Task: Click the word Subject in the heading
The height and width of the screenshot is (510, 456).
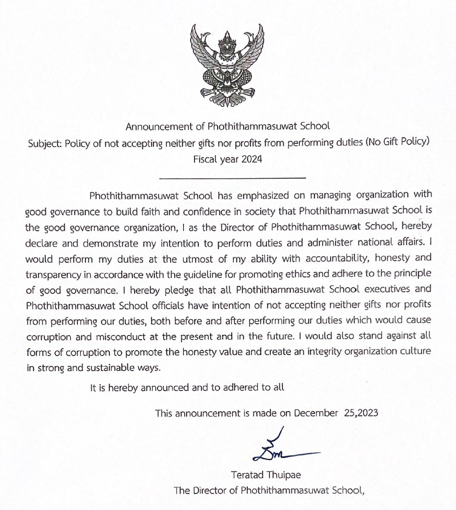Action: click(45, 142)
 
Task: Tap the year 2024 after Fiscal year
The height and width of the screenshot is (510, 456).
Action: click(250, 158)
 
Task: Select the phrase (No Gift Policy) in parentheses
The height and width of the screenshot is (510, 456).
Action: click(398, 142)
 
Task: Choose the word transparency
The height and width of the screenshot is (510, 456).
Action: click(57, 274)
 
